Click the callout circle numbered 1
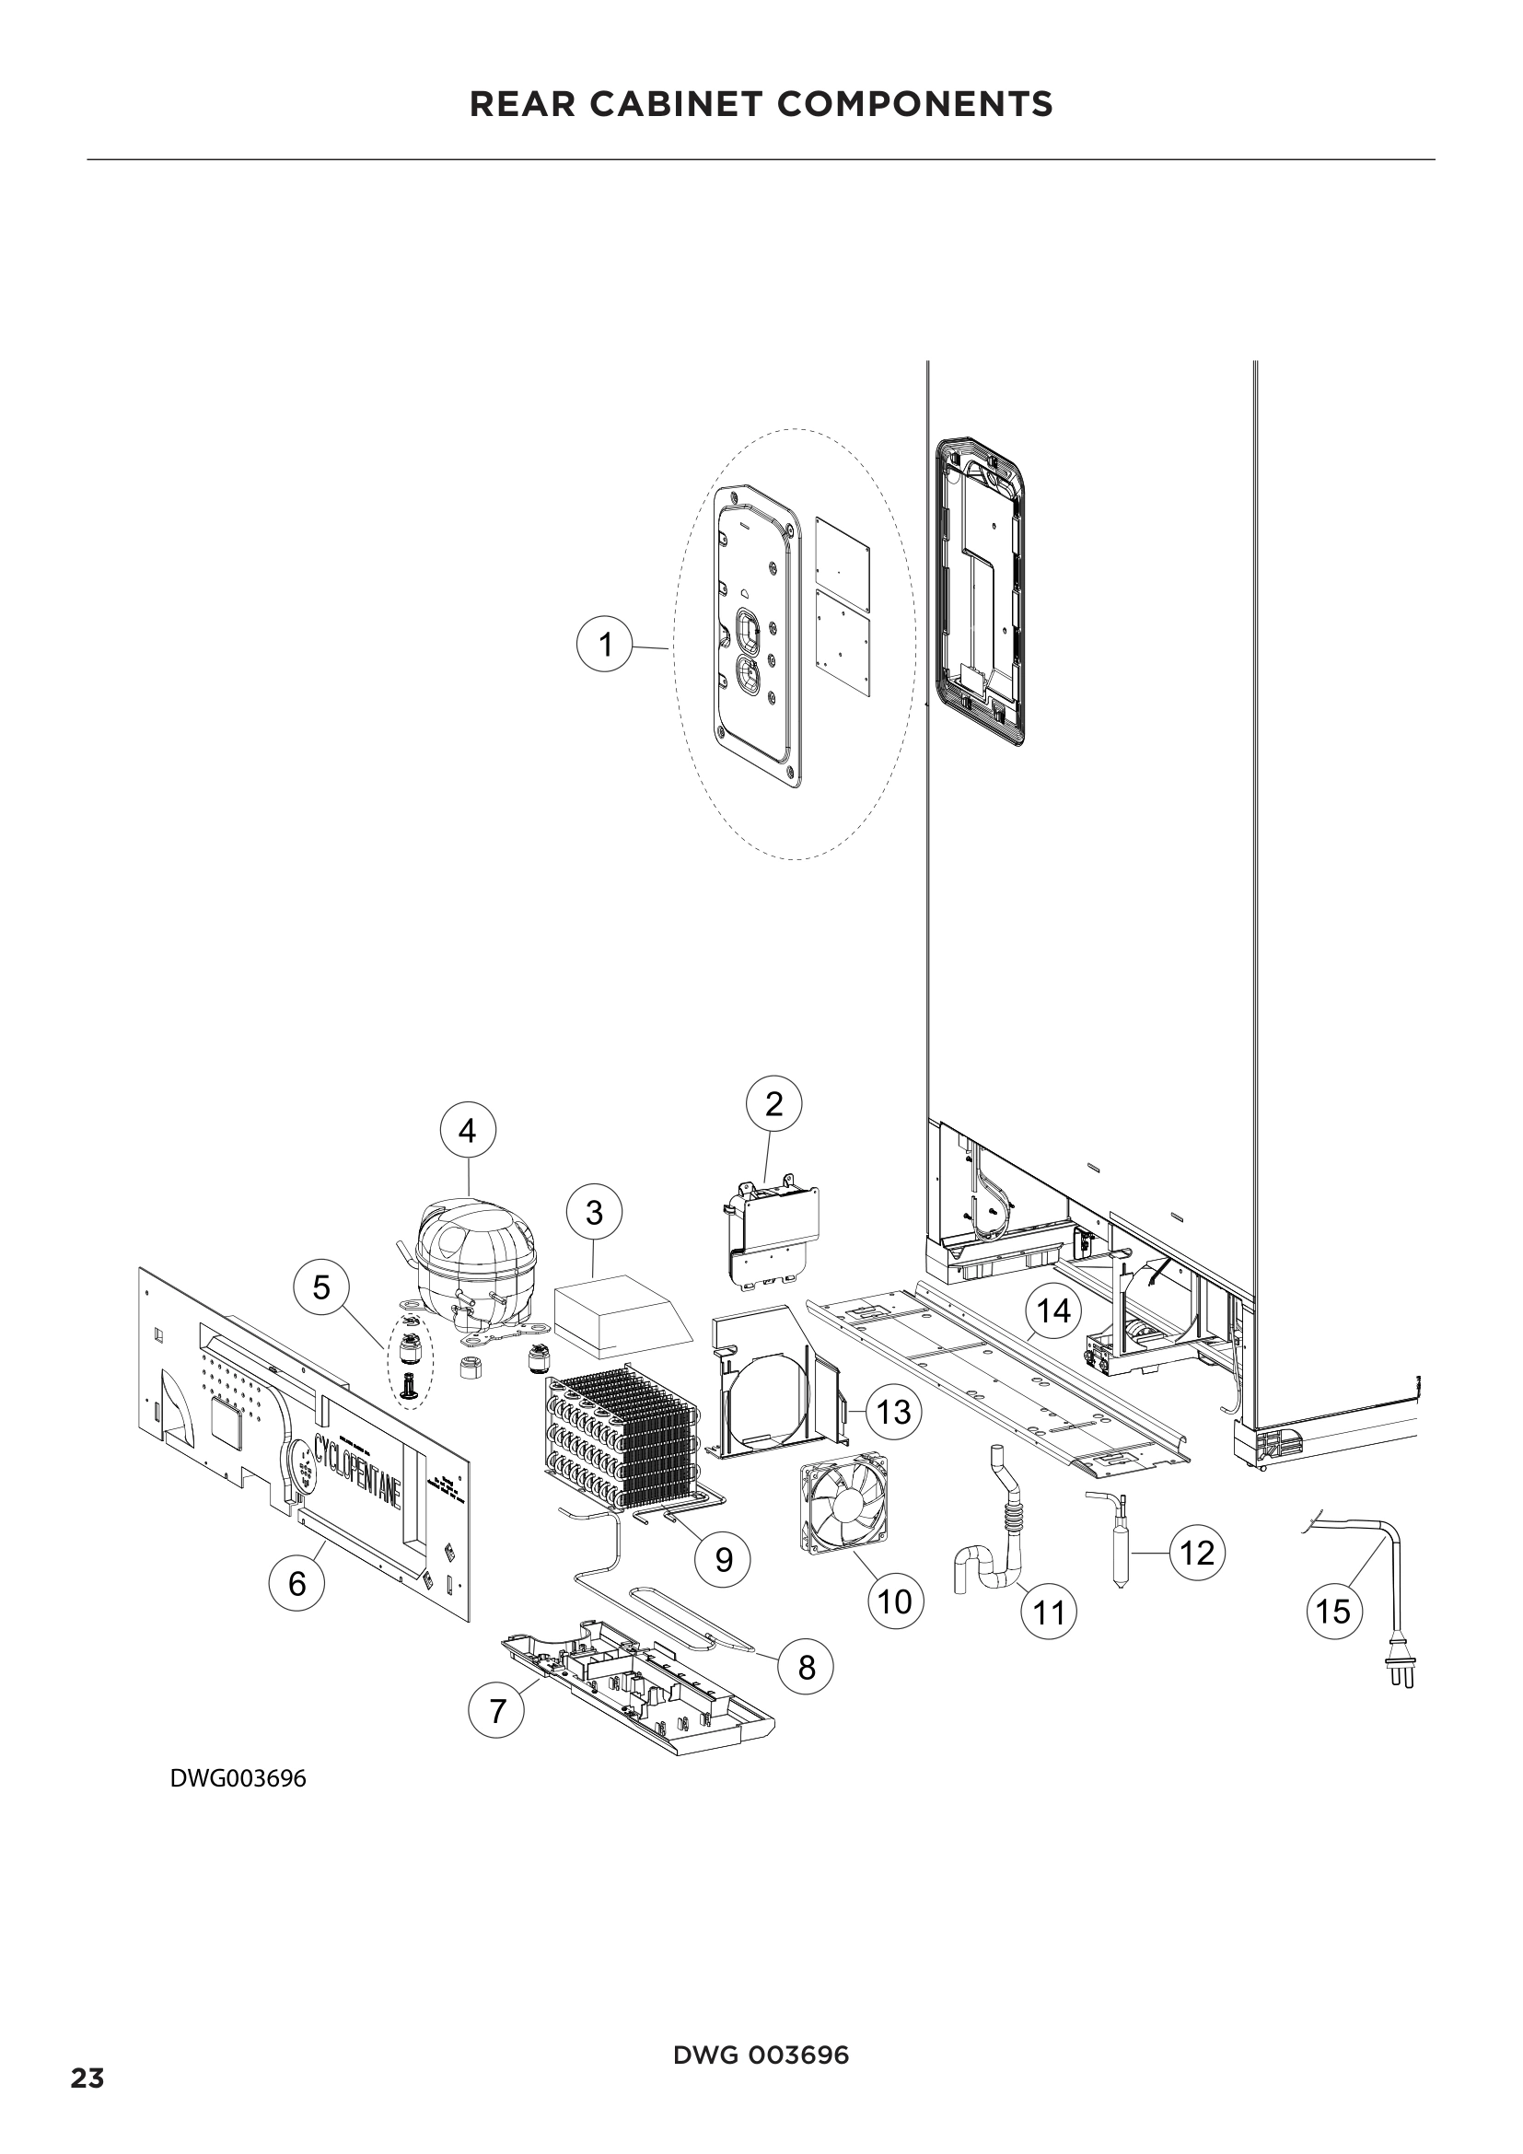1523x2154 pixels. tap(605, 646)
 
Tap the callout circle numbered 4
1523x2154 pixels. tap(467, 1132)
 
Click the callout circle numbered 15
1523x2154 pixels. tap(1333, 1612)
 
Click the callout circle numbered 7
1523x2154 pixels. tap(497, 1711)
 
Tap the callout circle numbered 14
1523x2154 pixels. tap(1053, 1310)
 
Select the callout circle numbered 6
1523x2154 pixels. tap(297, 1584)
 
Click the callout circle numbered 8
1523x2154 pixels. tap(807, 1667)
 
